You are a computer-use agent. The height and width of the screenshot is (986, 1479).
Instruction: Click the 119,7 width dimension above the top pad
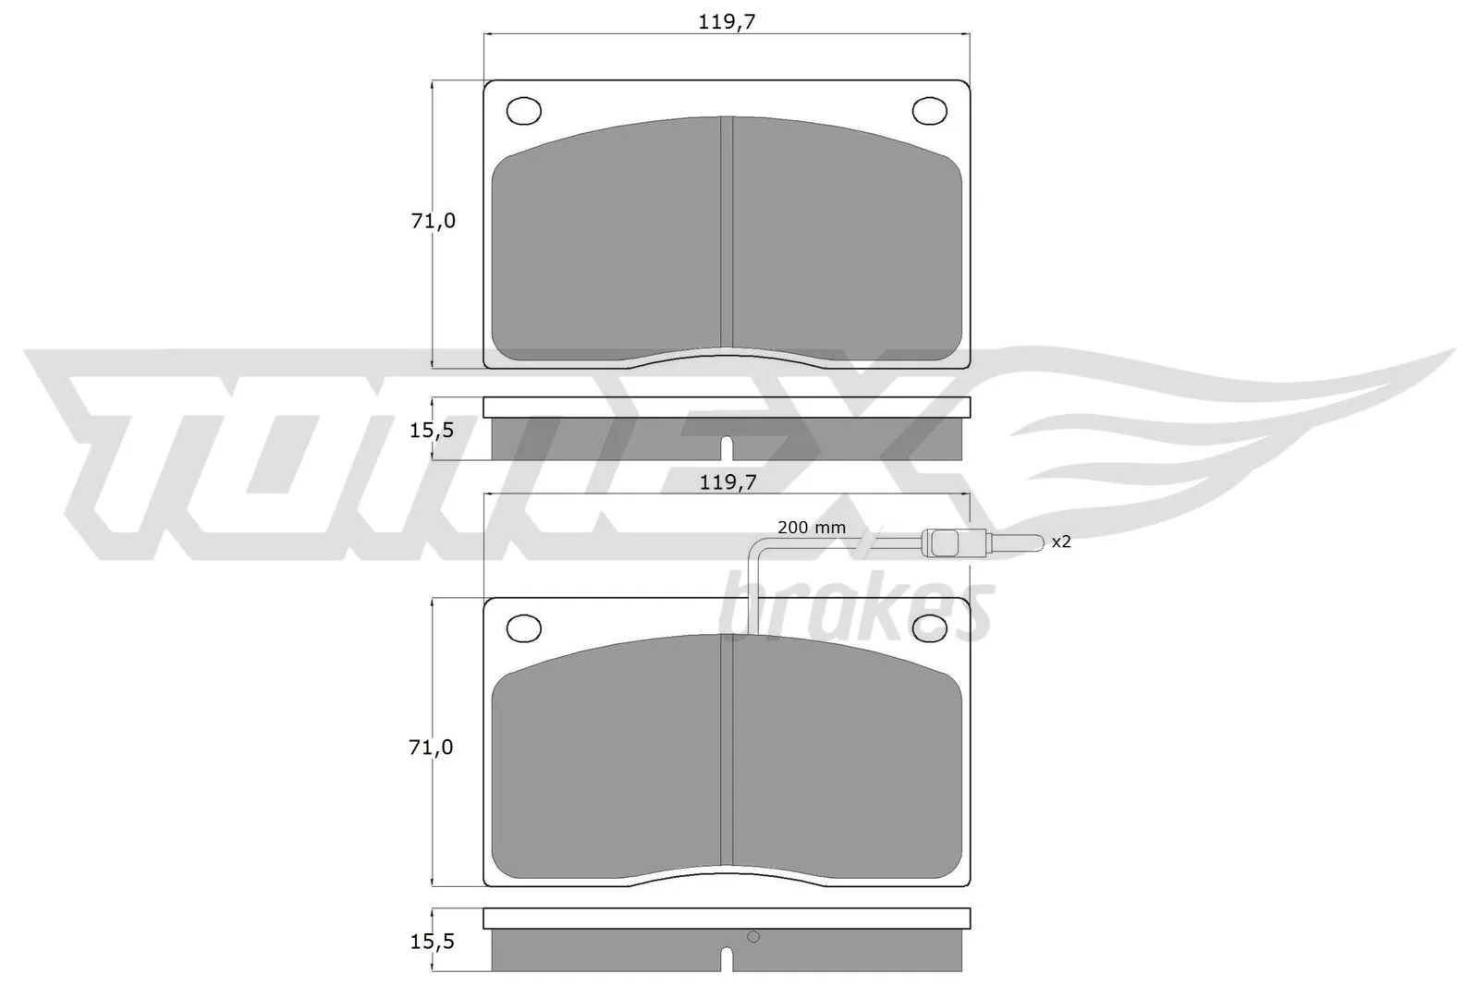(x=727, y=22)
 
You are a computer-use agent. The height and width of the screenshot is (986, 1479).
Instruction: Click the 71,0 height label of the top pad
(x=433, y=222)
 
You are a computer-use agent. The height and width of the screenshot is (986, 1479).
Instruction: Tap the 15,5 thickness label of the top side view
(x=433, y=430)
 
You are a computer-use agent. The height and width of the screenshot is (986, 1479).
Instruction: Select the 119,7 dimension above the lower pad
(x=727, y=482)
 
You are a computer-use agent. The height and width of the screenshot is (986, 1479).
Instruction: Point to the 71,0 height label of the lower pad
(x=432, y=748)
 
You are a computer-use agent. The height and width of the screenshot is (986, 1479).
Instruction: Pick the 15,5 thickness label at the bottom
(x=433, y=942)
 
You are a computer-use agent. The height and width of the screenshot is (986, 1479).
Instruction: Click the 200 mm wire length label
(x=811, y=528)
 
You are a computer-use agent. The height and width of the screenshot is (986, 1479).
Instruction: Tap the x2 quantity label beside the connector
(x=1061, y=542)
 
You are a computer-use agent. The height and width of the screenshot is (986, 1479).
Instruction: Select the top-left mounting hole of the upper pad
(x=523, y=111)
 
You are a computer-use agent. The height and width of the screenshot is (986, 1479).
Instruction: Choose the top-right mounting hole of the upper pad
(x=929, y=111)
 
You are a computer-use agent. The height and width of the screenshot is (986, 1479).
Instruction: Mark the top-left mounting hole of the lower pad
(x=523, y=627)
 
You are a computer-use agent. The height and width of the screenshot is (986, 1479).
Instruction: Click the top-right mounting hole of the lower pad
(x=929, y=627)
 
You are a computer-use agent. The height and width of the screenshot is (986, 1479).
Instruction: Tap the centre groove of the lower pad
(x=727, y=753)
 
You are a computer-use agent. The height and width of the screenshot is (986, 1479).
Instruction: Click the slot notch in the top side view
(x=727, y=447)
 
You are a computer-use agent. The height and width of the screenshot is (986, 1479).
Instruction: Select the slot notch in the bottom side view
(x=727, y=959)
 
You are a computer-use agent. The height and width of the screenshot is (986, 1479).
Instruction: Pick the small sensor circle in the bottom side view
(x=753, y=937)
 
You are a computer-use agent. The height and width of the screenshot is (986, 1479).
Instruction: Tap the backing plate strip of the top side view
(x=727, y=408)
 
